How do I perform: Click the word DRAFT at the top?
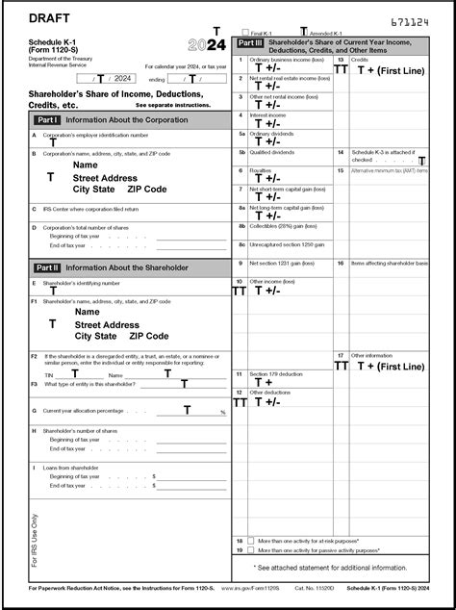(49, 18)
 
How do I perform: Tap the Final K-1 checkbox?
(246, 33)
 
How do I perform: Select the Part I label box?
(47, 120)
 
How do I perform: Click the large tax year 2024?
(207, 45)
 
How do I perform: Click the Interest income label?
(268, 115)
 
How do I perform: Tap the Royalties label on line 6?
(261, 170)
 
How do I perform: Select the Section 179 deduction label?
(276, 373)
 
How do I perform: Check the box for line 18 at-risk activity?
(251, 541)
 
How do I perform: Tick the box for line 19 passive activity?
(251, 550)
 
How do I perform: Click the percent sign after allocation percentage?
(222, 412)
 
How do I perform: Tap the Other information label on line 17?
(372, 355)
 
